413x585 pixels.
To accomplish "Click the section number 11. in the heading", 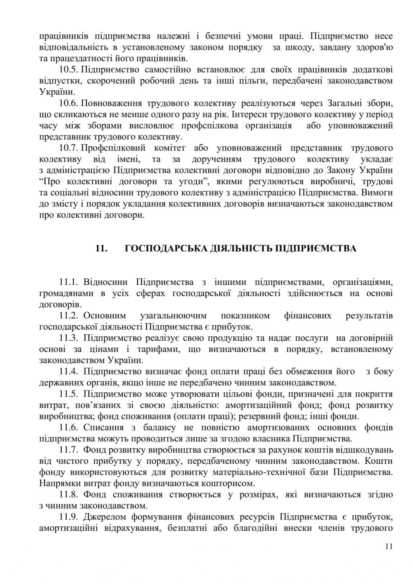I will (x=101, y=248).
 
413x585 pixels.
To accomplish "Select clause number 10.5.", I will (x=69, y=70).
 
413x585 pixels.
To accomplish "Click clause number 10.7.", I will (x=69, y=148).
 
